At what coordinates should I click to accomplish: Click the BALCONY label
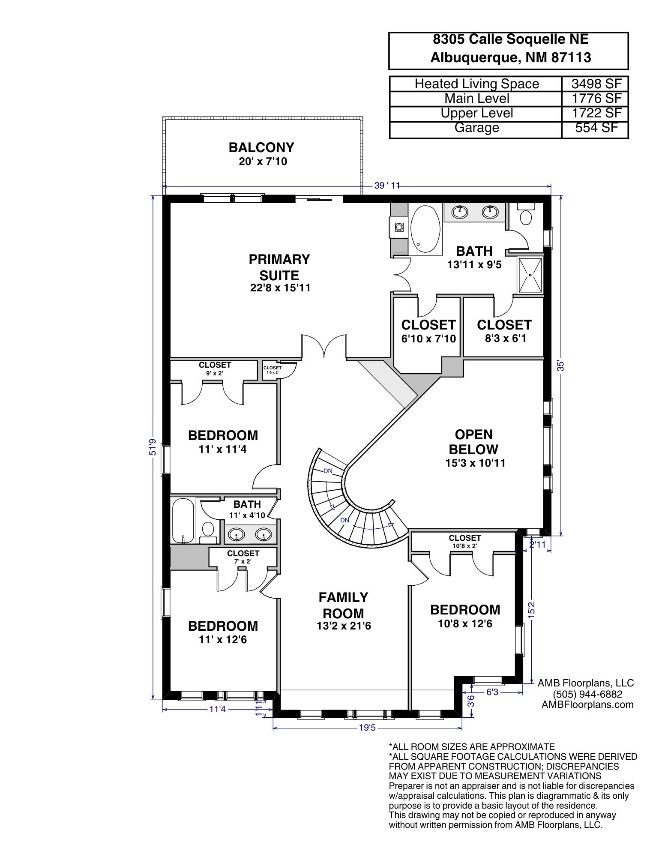click(261, 148)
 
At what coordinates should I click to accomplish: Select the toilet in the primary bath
click(525, 216)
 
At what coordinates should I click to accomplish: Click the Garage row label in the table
click(476, 128)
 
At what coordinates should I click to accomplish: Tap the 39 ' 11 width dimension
click(386, 186)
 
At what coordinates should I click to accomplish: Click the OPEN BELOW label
click(473, 442)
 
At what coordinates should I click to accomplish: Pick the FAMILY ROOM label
click(343, 605)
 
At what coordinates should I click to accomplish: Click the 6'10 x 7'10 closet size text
click(428, 339)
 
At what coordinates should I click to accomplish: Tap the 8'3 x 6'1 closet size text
click(505, 338)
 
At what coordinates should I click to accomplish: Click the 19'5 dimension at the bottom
click(368, 727)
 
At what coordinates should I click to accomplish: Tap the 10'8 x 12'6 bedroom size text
click(465, 623)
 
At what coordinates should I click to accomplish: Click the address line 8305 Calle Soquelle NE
click(510, 39)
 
